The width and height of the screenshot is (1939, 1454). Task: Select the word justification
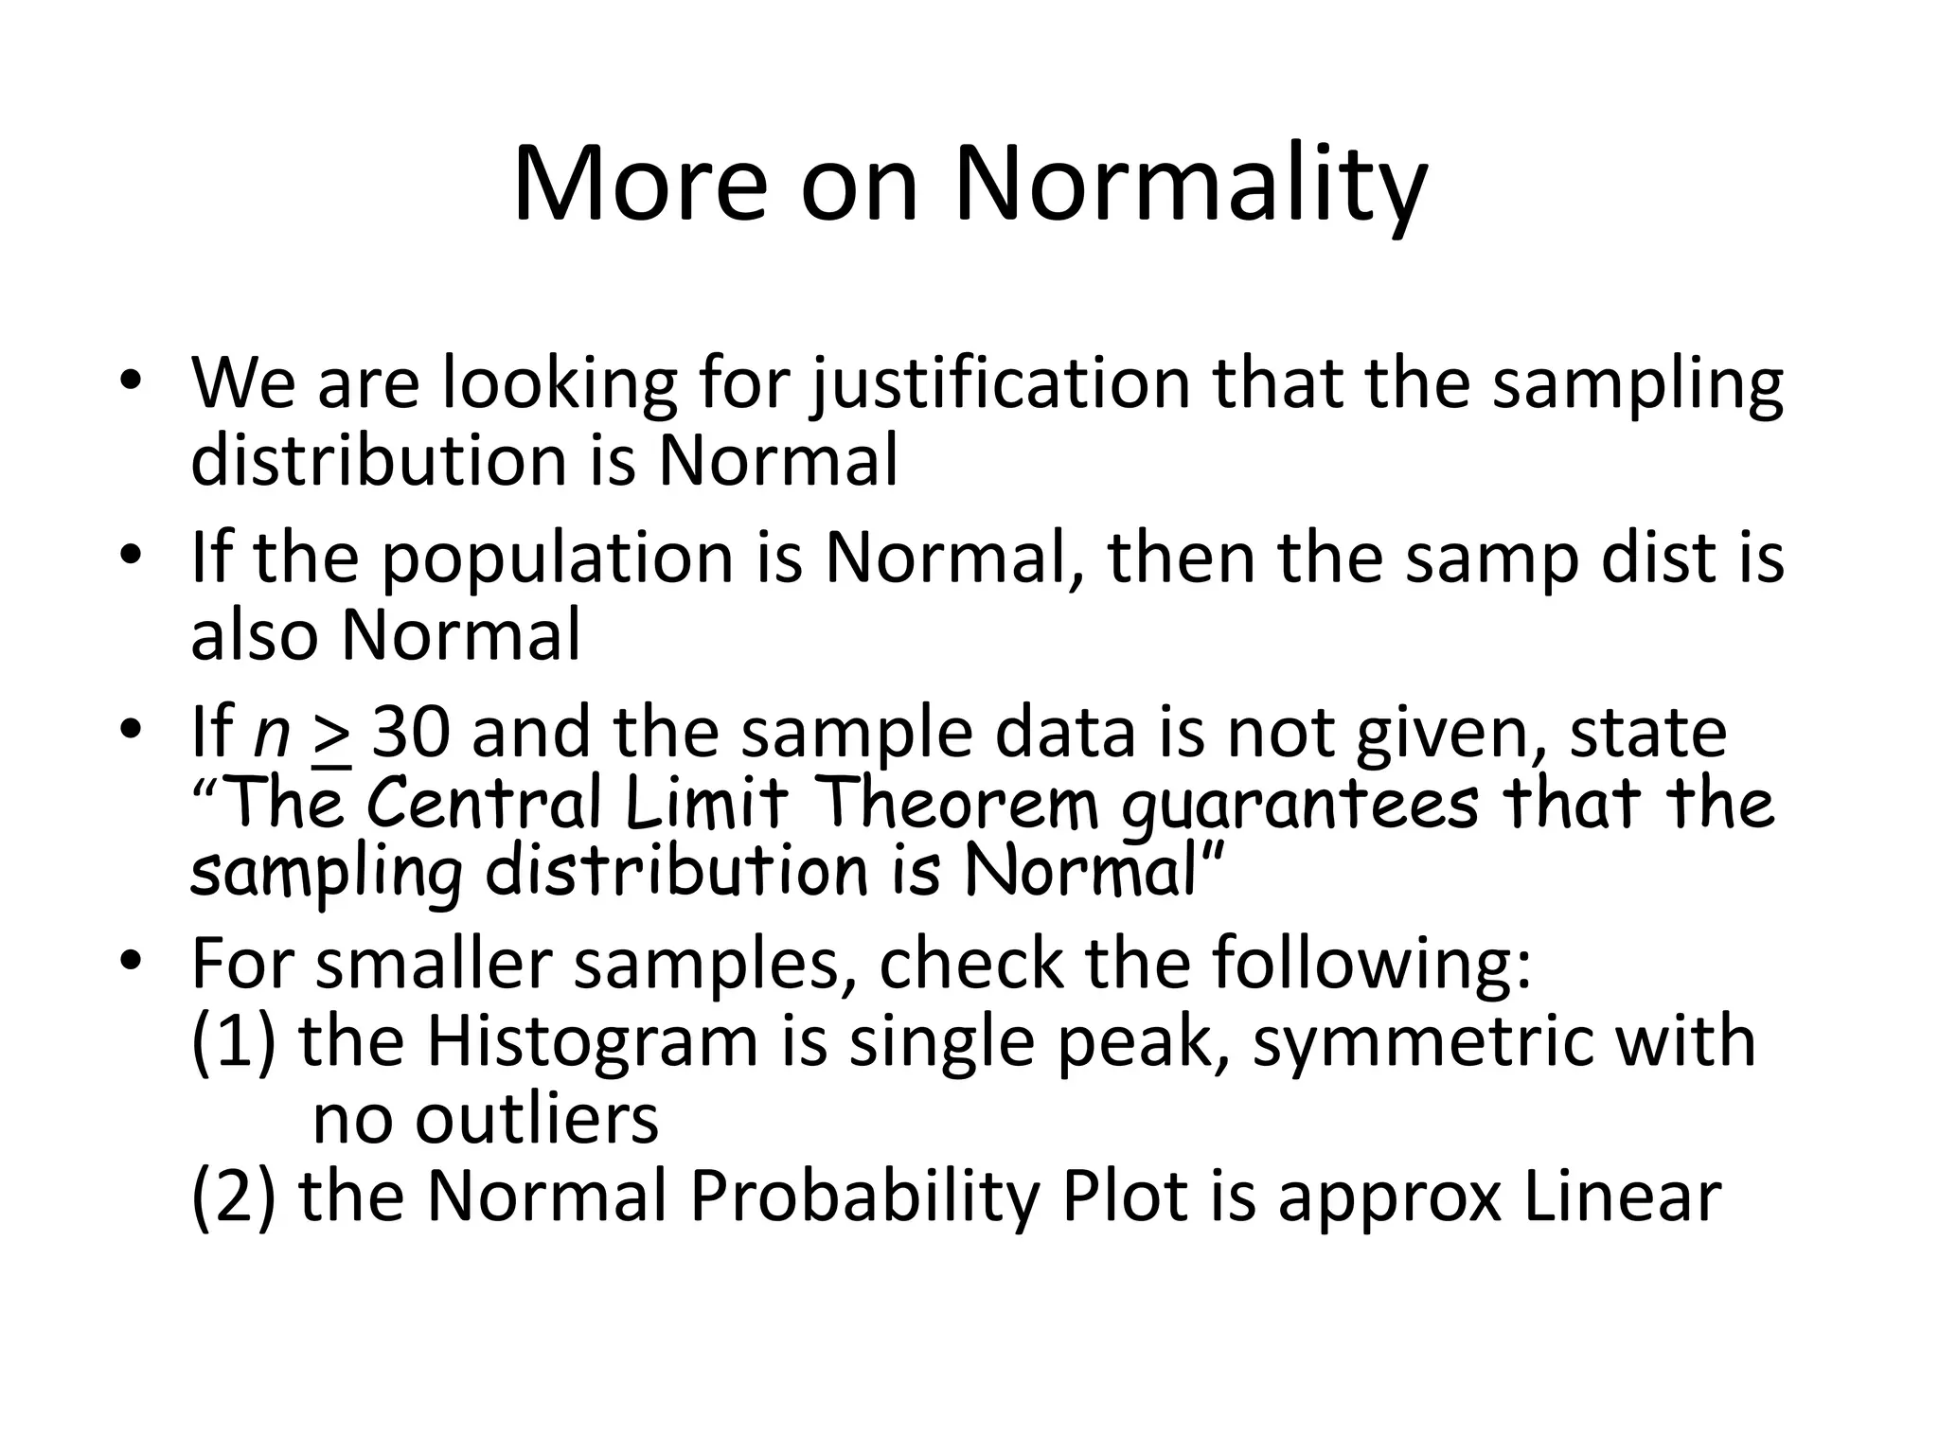[x=1001, y=384]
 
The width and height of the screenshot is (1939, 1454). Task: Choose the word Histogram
[x=592, y=1041]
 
